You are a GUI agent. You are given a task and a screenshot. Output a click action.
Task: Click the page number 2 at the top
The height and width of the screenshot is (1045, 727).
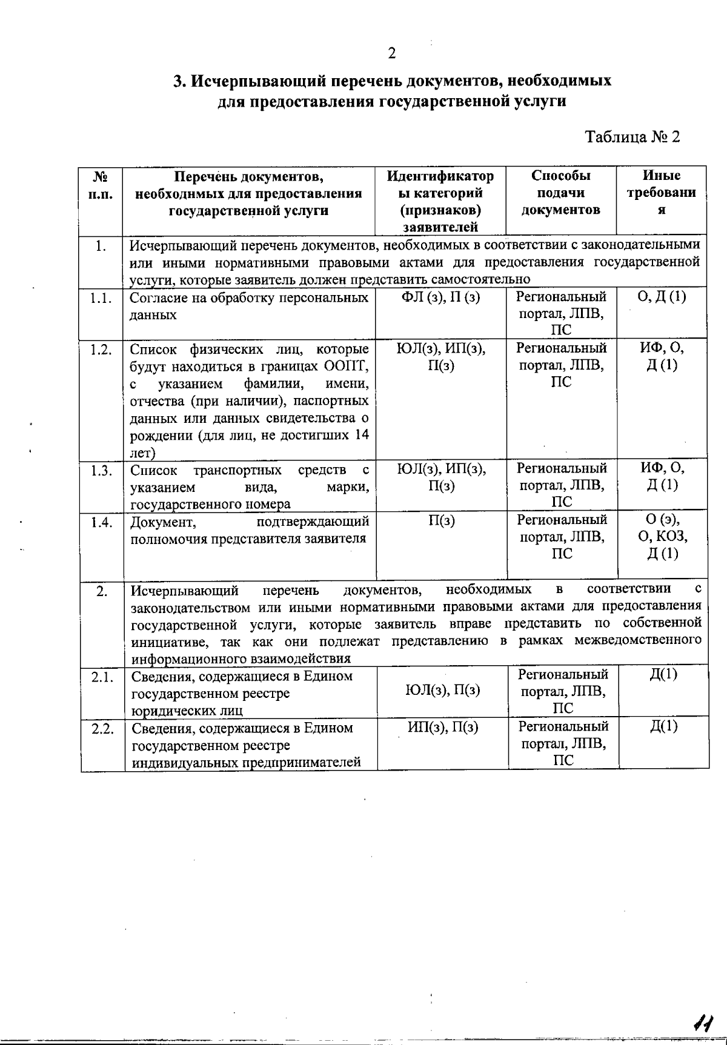pos(392,53)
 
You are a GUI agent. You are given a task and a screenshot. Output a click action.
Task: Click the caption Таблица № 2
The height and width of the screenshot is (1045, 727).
pos(632,136)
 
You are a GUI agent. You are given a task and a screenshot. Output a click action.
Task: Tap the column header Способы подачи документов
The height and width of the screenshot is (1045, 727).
pos(561,193)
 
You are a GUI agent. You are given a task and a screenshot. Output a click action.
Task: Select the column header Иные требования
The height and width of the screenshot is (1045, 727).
pos(662,193)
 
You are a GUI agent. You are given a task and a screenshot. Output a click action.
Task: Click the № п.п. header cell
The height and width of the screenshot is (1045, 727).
pos(101,185)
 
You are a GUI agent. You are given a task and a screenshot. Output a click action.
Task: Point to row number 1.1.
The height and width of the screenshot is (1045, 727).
pos(101,297)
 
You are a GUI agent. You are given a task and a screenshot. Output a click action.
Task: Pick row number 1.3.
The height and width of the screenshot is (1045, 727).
pos(101,470)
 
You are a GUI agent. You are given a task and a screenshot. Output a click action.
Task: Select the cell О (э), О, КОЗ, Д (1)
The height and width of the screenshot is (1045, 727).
pos(662,537)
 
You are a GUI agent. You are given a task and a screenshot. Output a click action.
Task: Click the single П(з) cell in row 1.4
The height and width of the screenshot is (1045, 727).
pos(441,521)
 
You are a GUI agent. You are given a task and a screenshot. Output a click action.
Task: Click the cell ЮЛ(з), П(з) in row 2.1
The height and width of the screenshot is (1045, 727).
pos(442,690)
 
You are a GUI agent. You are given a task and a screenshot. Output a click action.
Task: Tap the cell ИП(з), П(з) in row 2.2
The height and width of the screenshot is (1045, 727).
pos(442,727)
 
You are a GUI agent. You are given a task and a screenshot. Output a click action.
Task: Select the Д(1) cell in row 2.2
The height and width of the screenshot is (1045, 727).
pos(663,726)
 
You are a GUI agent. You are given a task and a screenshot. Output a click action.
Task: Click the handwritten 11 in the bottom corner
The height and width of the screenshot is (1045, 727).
pos(703,1023)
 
